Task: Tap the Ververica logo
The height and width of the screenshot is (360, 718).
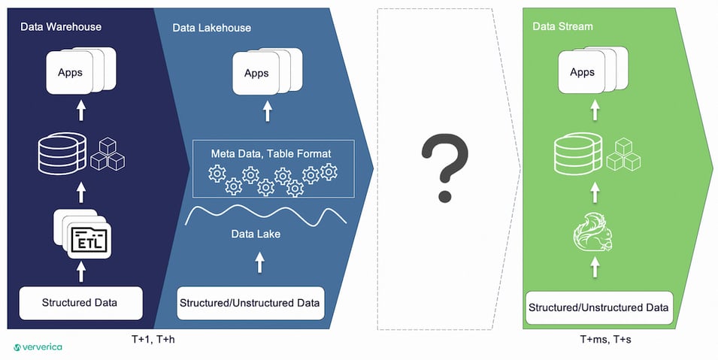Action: [x=38, y=347]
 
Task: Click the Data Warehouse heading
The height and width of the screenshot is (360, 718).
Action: [x=61, y=27]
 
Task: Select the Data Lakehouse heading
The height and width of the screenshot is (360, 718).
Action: [x=211, y=28]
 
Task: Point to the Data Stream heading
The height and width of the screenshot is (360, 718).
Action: [x=562, y=26]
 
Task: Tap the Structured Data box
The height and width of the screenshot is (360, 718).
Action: [x=80, y=303]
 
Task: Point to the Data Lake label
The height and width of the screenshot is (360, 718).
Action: [x=256, y=234]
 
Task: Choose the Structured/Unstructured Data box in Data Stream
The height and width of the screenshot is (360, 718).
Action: [x=598, y=307]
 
